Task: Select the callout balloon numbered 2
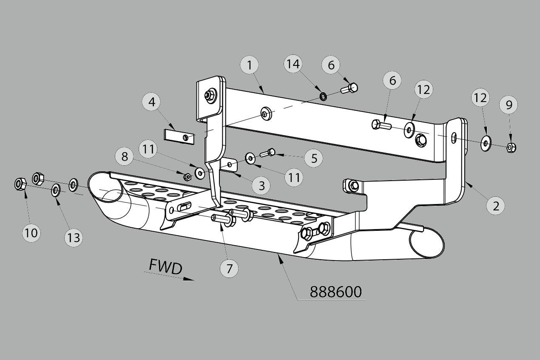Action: click(x=496, y=206)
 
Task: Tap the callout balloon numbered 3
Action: click(x=261, y=185)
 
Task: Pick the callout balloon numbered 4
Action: click(x=152, y=102)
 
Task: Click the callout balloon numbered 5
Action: click(x=314, y=158)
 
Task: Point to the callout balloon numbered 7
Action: click(x=230, y=268)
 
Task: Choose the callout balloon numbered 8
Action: click(x=125, y=156)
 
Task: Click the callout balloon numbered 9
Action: click(x=509, y=104)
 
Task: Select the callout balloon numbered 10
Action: click(x=31, y=232)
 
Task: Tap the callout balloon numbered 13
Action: click(x=74, y=237)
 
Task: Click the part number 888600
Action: click(x=335, y=292)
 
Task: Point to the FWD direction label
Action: click(x=165, y=266)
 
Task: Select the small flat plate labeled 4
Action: click(x=179, y=137)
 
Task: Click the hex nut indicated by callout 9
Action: click(x=512, y=147)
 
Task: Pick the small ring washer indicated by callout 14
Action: click(x=323, y=96)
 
